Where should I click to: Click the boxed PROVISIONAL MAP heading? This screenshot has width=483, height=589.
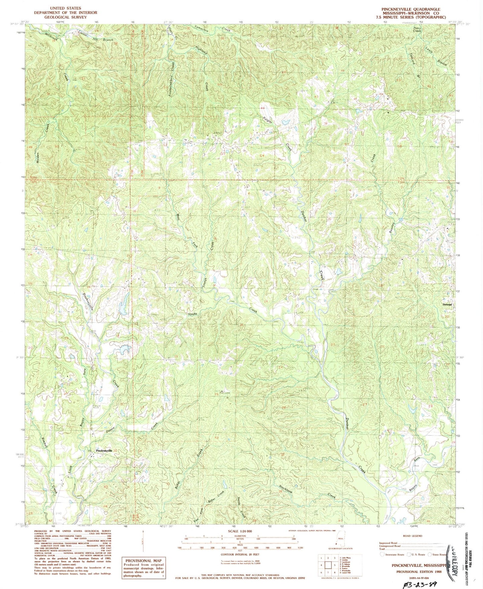tap(143, 561)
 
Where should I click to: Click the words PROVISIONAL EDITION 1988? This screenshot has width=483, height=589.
tap(419, 572)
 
